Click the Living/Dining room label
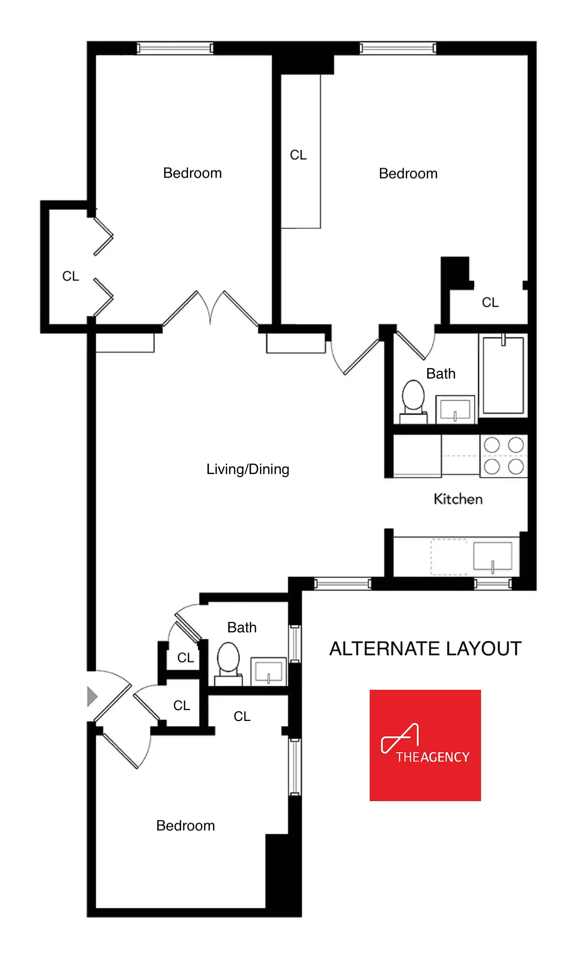247,469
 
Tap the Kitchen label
458,499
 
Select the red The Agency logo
425,745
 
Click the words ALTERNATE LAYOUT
425,649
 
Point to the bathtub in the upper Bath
503,376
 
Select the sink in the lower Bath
268,671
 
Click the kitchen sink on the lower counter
492,556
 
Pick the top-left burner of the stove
491,445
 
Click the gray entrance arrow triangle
92,696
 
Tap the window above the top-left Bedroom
175,48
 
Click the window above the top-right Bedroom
398,48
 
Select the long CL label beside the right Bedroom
298,155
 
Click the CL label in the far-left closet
70,276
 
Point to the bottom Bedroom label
186,825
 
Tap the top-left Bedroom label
193,173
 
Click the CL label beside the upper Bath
490,302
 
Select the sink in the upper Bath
455,410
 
